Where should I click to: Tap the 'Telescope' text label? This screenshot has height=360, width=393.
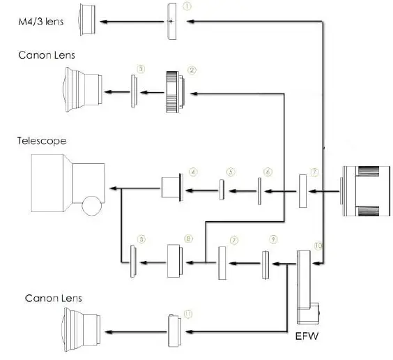[42, 141]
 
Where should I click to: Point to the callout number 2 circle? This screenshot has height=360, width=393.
[192, 70]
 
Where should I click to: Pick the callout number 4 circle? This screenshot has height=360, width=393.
[192, 170]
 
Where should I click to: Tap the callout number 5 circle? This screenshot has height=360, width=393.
[231, 170]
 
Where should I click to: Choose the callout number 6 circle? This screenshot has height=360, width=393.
[268, 171]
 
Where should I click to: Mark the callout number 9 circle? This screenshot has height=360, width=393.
[273, 239]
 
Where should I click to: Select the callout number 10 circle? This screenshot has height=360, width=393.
[318, 246]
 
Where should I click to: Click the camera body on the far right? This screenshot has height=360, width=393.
[366, 189]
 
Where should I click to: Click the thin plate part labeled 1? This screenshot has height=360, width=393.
[171, 20]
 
